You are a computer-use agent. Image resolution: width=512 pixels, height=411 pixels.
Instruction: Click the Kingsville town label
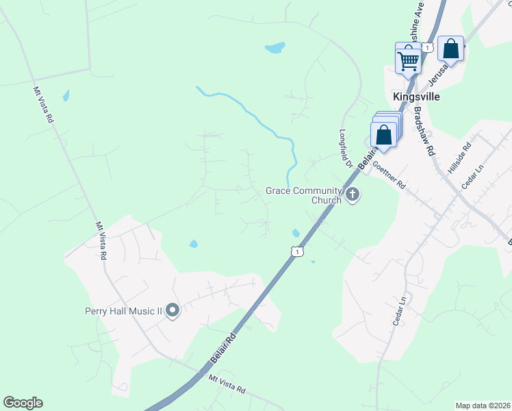coord(416,97)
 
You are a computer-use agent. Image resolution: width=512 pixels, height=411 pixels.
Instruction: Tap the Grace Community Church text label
coord(304,195)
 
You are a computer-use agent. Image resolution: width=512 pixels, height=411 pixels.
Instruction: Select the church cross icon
coord(353,195)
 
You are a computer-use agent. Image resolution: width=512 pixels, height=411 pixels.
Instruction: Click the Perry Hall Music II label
coord(123,312)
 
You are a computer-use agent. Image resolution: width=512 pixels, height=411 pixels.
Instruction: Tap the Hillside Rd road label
coord(459,157)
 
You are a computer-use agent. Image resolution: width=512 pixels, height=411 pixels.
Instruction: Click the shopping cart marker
coord(408,60)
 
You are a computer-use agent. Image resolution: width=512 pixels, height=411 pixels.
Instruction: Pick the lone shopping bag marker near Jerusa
coord(450,49)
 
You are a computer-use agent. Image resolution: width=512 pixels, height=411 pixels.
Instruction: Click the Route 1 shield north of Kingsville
coord(427,47)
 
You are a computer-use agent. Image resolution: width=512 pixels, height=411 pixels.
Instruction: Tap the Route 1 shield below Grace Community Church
coord(296,252)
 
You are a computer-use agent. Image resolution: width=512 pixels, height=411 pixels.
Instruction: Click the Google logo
coord(23,403)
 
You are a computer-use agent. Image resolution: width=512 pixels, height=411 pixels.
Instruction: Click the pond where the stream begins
coord(275,48)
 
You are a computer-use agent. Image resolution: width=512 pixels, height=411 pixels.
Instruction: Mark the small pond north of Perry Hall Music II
coord(194,244)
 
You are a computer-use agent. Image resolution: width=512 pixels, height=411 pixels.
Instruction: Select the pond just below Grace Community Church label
coord(296,233)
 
